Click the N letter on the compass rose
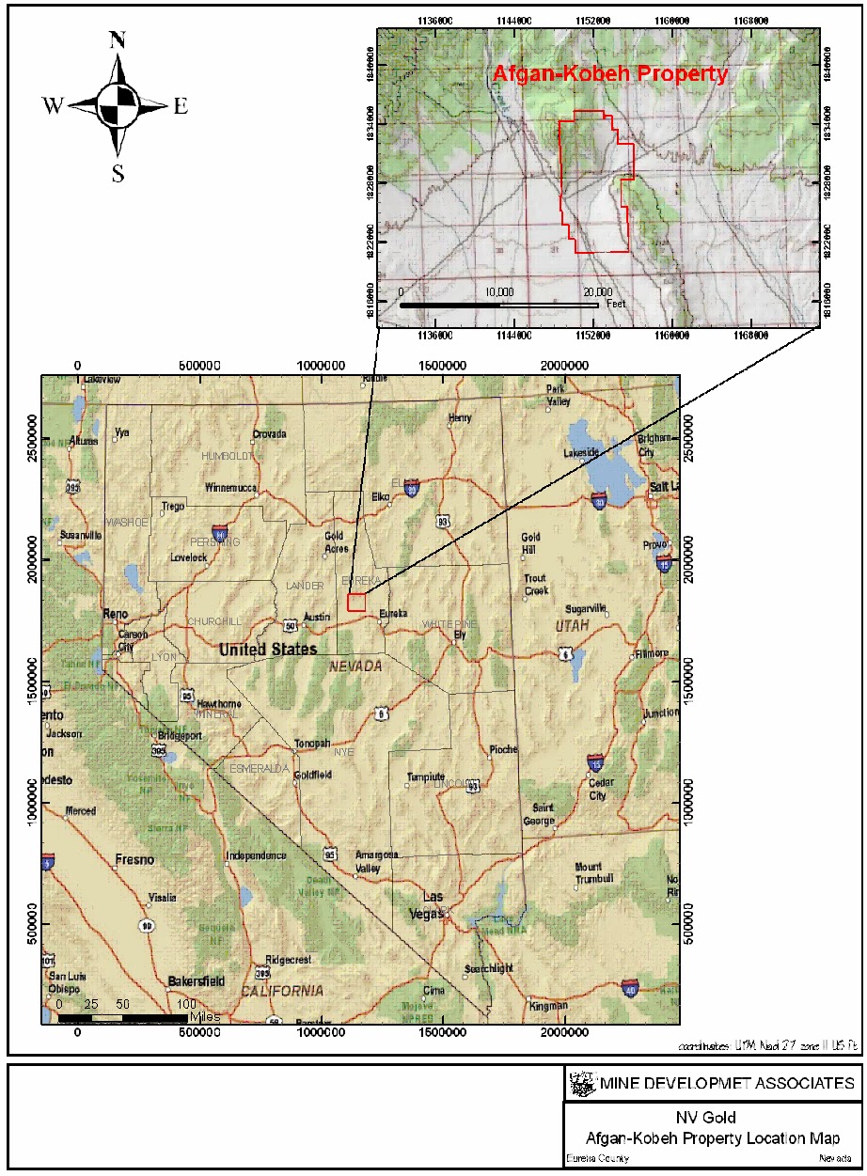pyautogui.click(x=118, y=40)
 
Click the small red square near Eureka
pyautogui.click(x=355, y=603)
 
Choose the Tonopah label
pyautogui.click(x=313, y=743)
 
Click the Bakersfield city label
pyautogui.click(x=196, y=981)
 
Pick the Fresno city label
pyautogui.click(x=134, y=859)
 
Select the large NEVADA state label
pyautogui.click(x=355, y=666)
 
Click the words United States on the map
pyautogui.click(x=267, y=649)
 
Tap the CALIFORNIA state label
pyautogui.click(x=281, y=991)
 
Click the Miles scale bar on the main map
pyautogui.click(x=122, y=1017)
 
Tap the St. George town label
pyautogui.click(x=544, y=814)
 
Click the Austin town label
pyautogui.click(x=318, y=617)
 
